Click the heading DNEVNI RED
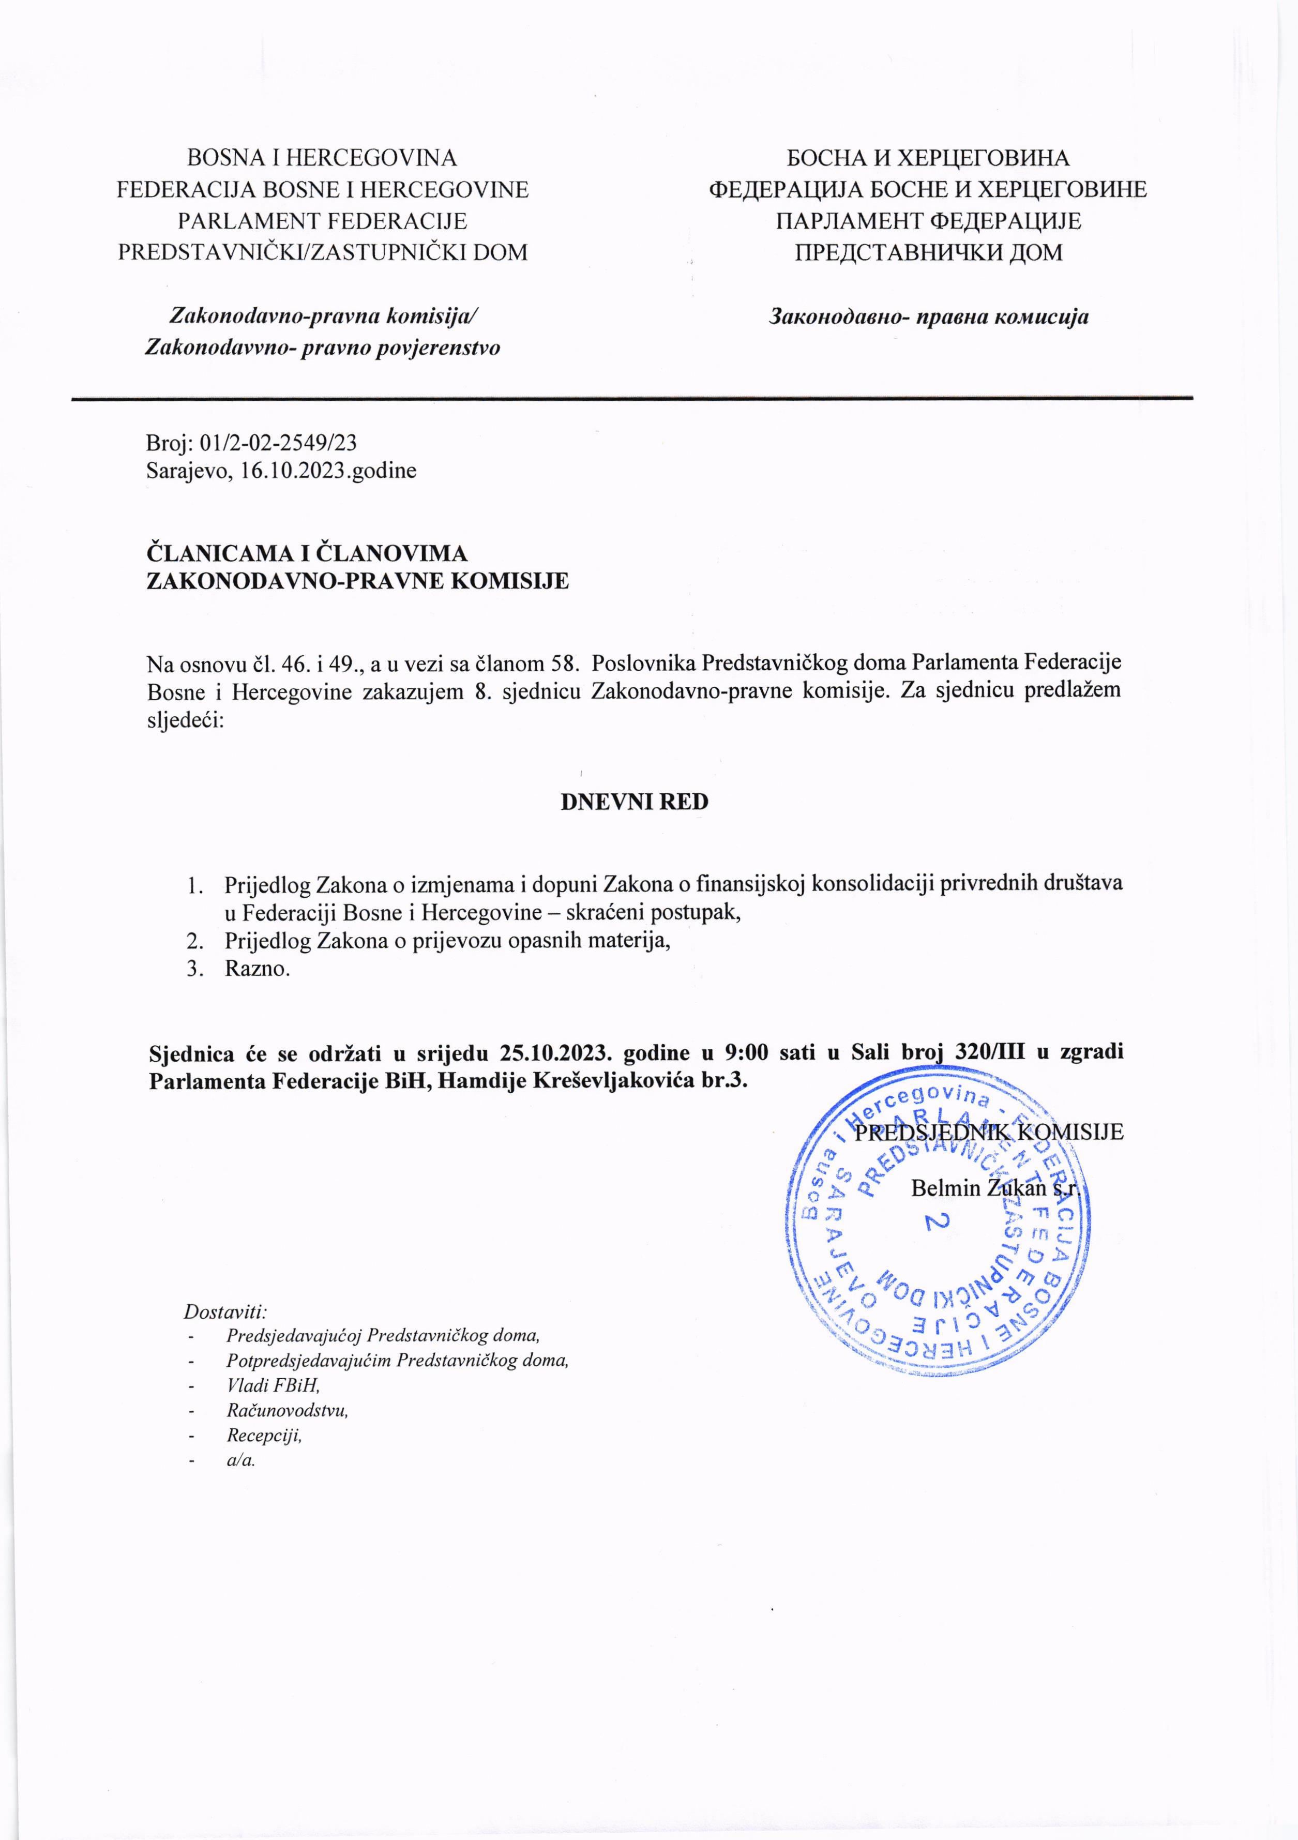[634, 802]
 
